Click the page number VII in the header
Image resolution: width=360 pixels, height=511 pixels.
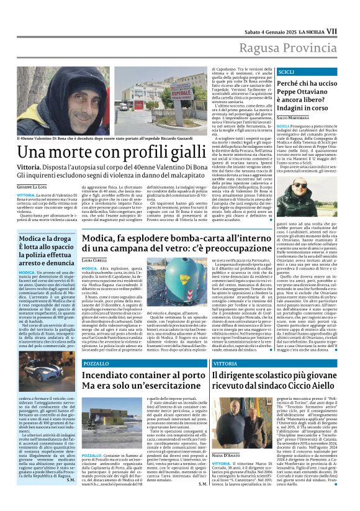click(349, 13)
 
